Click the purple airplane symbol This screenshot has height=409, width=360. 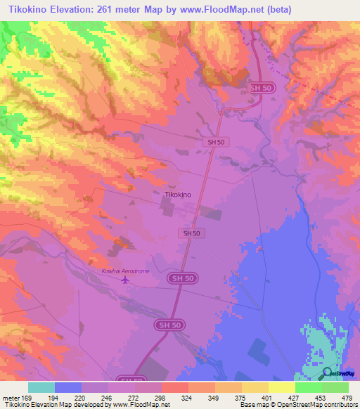tap(126, 280)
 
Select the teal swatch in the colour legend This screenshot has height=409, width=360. tap(41, 387)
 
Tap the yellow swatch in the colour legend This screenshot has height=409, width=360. tap(281, 387)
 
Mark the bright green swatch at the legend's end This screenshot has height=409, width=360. tap(335, 387)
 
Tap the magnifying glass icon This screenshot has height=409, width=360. tap(328, 372)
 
